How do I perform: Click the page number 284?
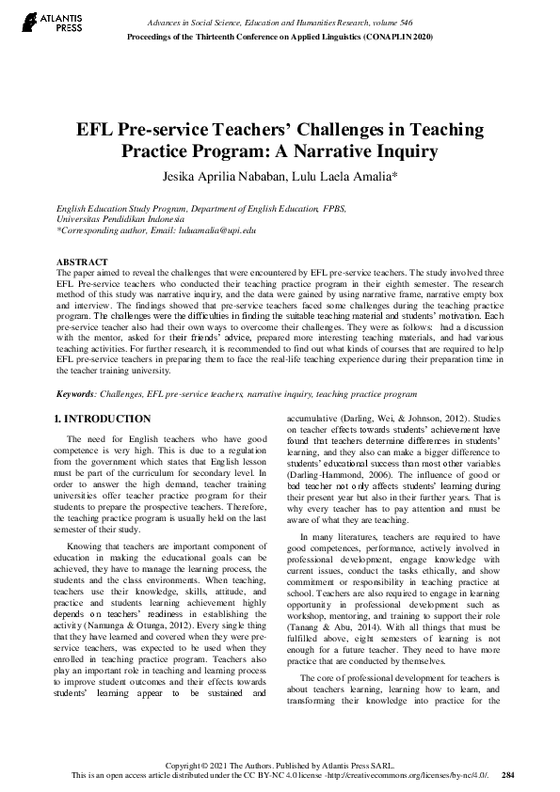508,776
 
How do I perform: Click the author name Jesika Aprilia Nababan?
227,176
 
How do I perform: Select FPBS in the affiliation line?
302,203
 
